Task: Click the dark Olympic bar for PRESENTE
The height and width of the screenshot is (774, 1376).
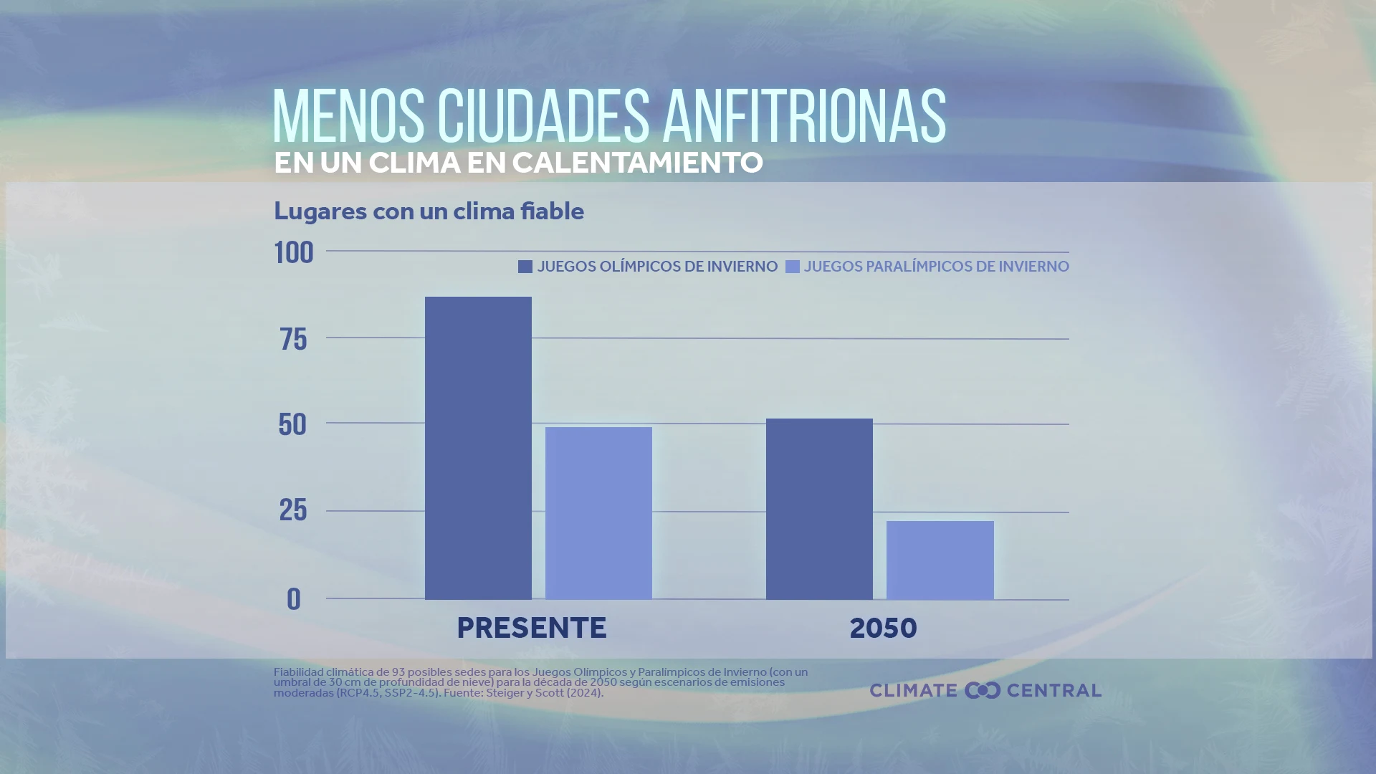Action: click(478, 448)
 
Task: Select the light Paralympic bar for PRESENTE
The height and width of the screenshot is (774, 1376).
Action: click(598, 513)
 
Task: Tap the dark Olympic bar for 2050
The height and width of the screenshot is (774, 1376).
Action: click(819, 509)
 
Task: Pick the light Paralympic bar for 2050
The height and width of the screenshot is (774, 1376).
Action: click(940, 560)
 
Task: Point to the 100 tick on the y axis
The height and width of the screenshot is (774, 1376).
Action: click(294, 253)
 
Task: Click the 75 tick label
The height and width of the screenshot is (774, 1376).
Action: click(294, 340)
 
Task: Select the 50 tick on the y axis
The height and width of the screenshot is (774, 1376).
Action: click(292, 425)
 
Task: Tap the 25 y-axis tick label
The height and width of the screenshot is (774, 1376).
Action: click(293, 510)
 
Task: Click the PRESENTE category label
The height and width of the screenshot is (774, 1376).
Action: click(531, 629)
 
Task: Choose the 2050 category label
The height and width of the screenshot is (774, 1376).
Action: click(883, 629)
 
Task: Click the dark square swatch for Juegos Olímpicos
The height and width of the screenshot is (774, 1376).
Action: click(525, 267)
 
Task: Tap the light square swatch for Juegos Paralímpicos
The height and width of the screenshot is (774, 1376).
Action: click(792, 267)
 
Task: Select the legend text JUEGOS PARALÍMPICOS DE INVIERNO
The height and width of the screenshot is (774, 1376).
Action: click(936, 267)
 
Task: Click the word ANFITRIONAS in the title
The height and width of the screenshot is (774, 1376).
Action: click(804, 117)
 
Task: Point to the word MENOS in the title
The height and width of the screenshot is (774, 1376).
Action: click(348, 117)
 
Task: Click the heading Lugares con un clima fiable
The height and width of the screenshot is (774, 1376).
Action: click(429, 211)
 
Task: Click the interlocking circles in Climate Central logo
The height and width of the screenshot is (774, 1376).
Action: click(982, 690)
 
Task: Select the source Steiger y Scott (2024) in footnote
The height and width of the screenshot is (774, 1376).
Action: click(544, 693)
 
